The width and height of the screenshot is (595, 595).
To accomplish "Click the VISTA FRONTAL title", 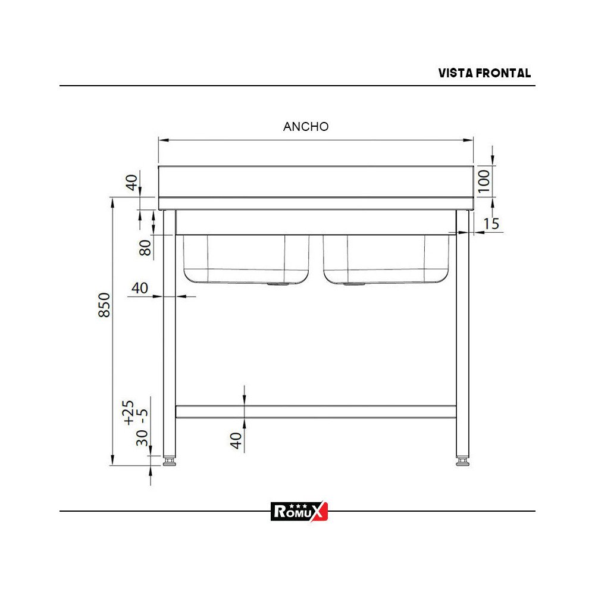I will point(484,73).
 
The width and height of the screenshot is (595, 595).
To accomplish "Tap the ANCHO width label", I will point(306,126).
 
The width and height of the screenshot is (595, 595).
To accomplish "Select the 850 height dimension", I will point(105,305).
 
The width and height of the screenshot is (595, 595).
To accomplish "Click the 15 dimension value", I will point(491,224).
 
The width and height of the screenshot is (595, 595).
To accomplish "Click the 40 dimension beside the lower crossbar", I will point(236,440).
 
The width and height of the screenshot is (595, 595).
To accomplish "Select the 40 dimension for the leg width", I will point(139,288).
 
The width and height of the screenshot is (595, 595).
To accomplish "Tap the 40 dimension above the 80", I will point(132,181).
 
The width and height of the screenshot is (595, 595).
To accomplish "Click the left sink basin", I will point(246,259).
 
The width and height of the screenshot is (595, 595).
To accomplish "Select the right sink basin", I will point(386,259).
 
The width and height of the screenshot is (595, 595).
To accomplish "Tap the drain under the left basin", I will point(277,284).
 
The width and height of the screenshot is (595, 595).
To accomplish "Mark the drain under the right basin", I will point(355,284).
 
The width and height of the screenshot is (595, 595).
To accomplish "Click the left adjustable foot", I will point(170,461).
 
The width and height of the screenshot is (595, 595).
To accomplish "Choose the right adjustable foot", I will point(462,461).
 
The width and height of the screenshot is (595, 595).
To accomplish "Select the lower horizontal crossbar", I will point(315,411).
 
